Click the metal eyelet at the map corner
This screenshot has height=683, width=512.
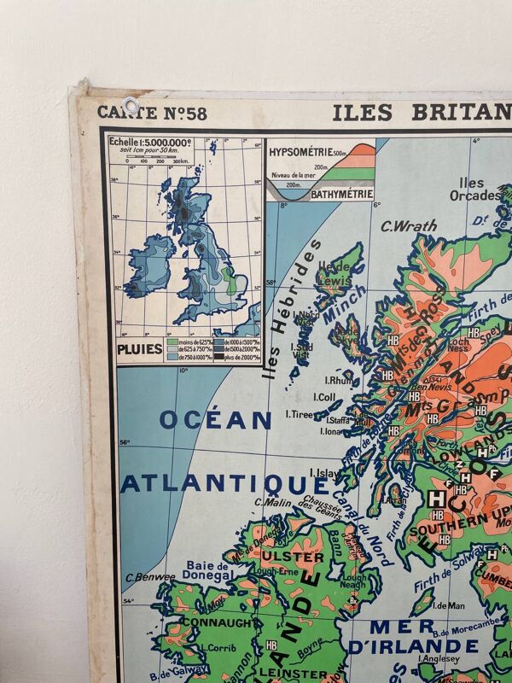[x=131, y=107]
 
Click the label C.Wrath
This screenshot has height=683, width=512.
[x=409, y=226]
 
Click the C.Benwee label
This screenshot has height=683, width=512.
[x=150, y=577]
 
